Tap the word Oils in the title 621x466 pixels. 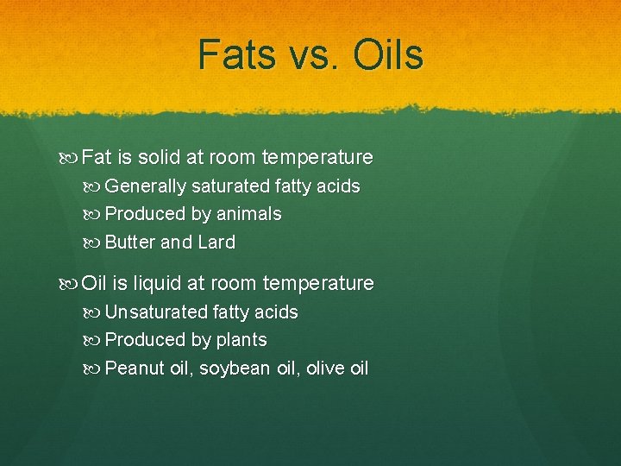[x=388, y=54]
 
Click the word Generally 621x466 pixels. [x=145, y=186]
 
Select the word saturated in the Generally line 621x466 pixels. [x=229, y=186]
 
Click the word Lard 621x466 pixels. [x=216, y=242]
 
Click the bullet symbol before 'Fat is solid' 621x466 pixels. [x=71, y=158]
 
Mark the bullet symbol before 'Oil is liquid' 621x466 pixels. [x=71, y=284]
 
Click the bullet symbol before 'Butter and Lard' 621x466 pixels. [x=94, y=242]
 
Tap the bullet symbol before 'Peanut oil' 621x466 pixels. [x=94, y=368]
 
